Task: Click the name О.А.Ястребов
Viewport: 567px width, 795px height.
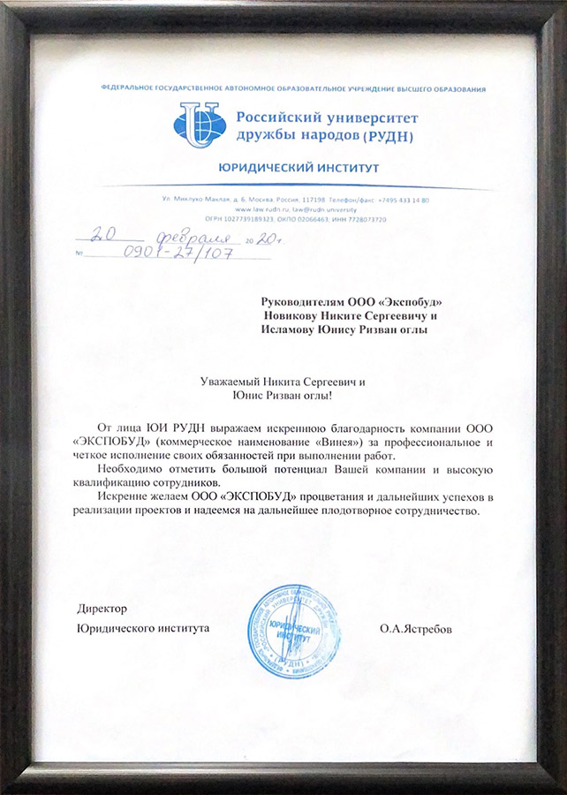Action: point(419,630)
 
